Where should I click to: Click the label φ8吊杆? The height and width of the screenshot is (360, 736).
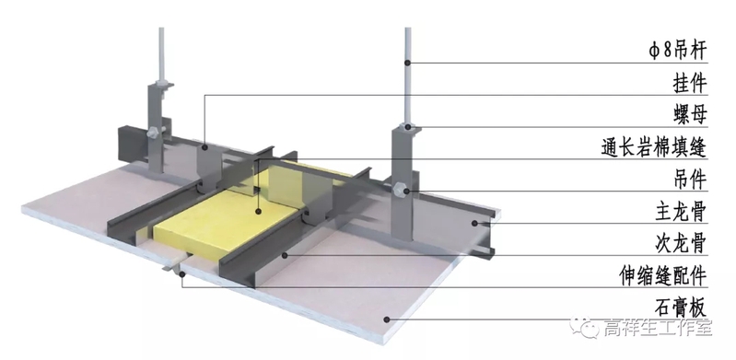[x=677, y=51]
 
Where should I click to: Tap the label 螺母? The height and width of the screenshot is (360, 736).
[x=690, y=115]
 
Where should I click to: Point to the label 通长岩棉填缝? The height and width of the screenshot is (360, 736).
[x=654, y=147]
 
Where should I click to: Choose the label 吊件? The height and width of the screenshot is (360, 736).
[x=690, y=180]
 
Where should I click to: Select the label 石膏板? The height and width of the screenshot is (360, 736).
[x=681, y=308]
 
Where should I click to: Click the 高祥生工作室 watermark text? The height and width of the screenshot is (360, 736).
[x=658, y=327]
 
